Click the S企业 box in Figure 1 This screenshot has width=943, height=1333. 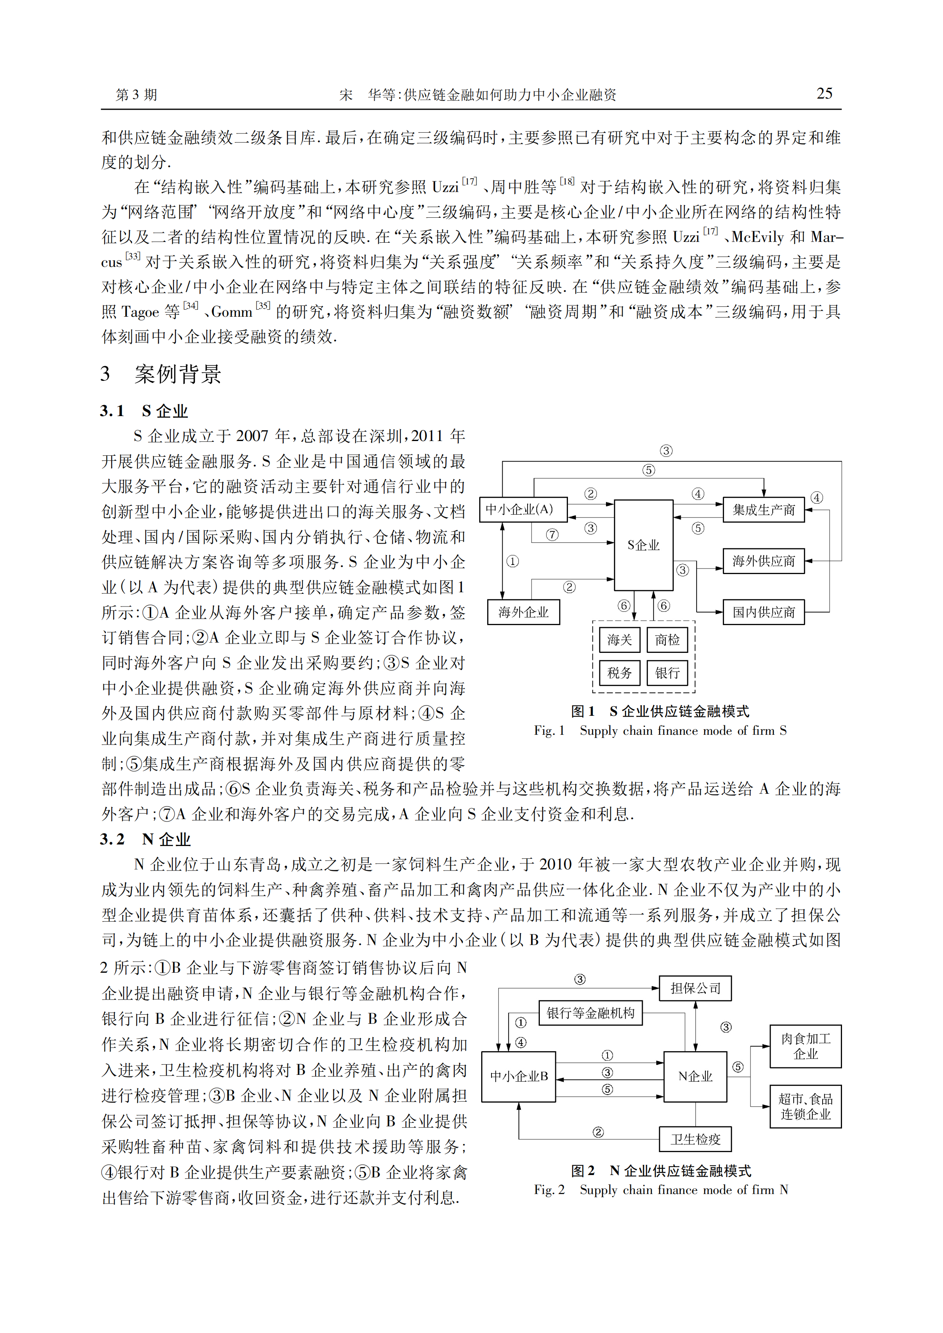click(x=643, y=545)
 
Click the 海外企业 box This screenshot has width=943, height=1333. click(x=523, y=612)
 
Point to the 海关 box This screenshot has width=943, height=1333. click(x=619, y=640)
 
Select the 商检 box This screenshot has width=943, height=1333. click(x=667, y=640)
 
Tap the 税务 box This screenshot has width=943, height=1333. click(x=619, y=673)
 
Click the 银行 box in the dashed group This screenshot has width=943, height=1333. click(x=667, y=673)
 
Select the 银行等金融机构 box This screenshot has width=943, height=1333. click(x=591, y=1013)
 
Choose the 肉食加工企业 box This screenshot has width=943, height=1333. click(x=806, y=1046)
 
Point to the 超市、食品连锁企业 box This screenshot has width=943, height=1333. click(x=806, y=1107)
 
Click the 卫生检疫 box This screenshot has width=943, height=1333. click(x=695, y=1139)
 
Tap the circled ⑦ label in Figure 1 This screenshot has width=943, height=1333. click(x=552, y=534)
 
